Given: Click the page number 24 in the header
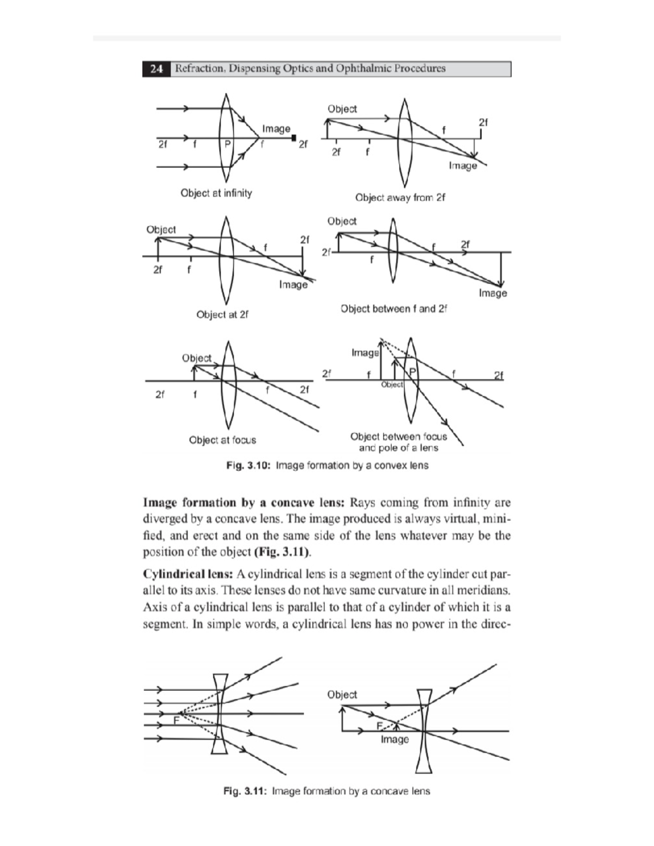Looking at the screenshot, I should [156, 69].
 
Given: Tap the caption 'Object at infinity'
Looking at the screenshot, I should [216, 193].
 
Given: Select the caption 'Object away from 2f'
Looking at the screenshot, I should [399, 197].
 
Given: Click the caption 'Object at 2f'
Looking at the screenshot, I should [222, 314].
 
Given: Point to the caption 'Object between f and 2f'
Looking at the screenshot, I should [393, 309].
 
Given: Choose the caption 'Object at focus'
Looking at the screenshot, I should [222, 440].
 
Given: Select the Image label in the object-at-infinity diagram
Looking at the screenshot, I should [276, 129].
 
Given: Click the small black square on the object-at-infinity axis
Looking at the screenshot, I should [294, 138].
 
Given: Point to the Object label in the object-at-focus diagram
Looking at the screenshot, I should [197, 358].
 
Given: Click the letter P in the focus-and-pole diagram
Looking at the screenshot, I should [413, 371].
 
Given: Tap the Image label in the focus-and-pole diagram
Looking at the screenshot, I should [365, 353].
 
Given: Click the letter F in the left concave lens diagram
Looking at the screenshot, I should [176, 721].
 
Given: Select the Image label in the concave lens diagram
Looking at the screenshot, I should [395, 739].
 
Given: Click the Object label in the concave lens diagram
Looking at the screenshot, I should [342, 695].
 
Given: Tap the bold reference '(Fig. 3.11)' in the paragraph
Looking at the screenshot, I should [282, 552].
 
